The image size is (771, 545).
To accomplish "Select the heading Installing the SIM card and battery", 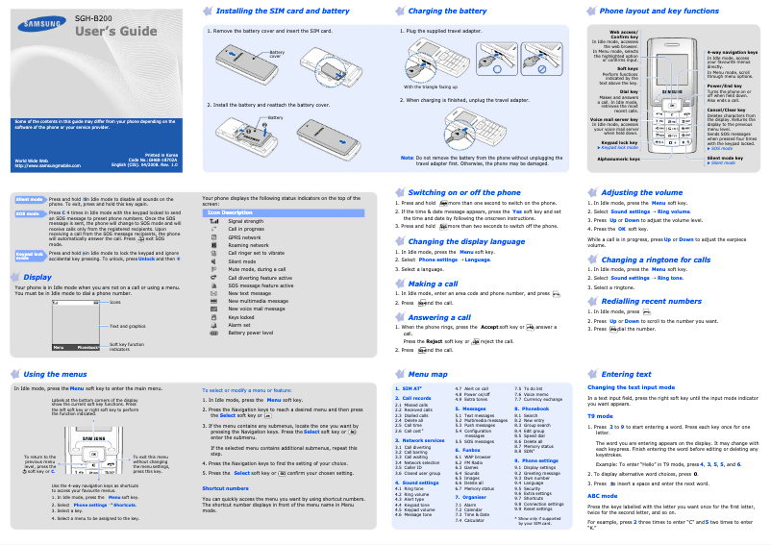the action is [282, 11].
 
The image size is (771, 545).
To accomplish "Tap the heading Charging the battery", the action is [447, 11].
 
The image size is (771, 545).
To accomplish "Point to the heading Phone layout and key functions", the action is [659, 11].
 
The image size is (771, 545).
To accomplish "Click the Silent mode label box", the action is [30, 199].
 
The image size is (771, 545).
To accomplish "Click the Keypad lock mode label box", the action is [30, 255].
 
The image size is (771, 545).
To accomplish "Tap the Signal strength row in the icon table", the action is [245, 221].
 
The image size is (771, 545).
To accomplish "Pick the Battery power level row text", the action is [252, 333].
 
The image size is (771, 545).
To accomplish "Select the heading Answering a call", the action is [439, 317].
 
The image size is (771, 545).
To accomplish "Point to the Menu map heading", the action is [428, 374].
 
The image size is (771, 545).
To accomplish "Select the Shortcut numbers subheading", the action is [226, 488].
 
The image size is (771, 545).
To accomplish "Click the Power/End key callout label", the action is [724, 87].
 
